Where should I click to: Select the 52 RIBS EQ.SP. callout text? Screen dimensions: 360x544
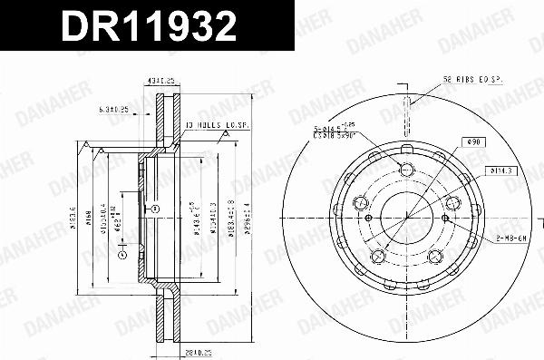pos(472,80)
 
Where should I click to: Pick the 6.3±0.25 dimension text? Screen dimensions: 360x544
pos(114,110)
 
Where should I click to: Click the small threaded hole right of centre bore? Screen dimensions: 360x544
pos(441,217)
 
